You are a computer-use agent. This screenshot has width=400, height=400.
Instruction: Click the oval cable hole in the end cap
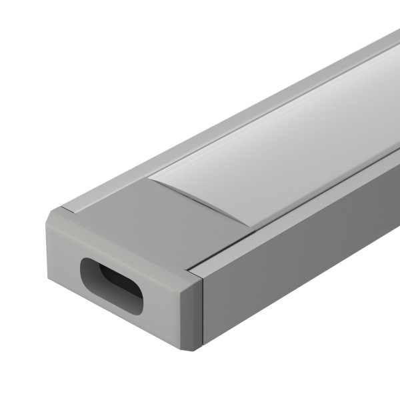coord(111,285)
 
